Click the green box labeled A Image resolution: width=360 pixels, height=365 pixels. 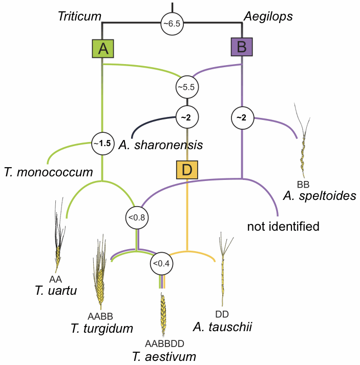tap(103, 49)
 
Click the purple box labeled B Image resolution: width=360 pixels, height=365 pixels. tap(242, 48)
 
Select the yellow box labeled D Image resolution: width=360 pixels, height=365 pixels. tap(187, 170)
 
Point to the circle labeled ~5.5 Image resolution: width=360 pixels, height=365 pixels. tap(186, 87)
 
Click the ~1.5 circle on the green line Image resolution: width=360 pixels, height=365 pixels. tap(102, 144)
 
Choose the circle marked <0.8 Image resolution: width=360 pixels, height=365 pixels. tap(137, 217)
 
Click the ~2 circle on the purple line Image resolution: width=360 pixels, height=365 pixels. tap(242, 117)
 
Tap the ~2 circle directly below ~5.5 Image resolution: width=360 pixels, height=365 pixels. tap(186, 117)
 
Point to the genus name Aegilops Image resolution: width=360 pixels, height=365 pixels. tap(268, 16)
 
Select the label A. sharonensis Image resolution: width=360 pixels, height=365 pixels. tap(161, 145)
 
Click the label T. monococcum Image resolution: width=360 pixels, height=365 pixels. tap(48, 172)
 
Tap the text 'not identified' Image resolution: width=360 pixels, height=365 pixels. tap(283, 226)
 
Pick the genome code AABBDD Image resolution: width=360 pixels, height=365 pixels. tap(164, 343)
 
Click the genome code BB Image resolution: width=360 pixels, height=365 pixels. tap(304, 184)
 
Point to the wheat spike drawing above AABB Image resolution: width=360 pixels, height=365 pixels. tap(100, 277)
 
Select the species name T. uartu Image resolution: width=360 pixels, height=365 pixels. tap(56, 291)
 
